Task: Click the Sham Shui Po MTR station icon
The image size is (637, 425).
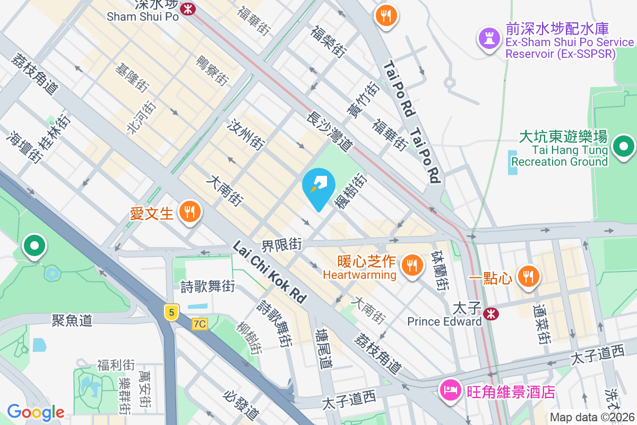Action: click(x=187, y=8)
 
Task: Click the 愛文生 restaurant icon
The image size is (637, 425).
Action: click(x=188, y=212)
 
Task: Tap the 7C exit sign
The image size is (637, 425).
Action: click(x=200, y=324)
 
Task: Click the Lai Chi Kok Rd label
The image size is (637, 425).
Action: click(x=270, y=271)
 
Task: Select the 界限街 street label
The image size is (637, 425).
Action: click(x=281, y=245)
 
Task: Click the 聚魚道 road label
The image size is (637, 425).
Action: click(x=72, y=320)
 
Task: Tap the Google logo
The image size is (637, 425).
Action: click(x=36, y=412)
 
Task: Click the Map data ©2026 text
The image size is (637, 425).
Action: click(x=592, y=417)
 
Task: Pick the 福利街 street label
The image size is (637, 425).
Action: click(x=116, y=365)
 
